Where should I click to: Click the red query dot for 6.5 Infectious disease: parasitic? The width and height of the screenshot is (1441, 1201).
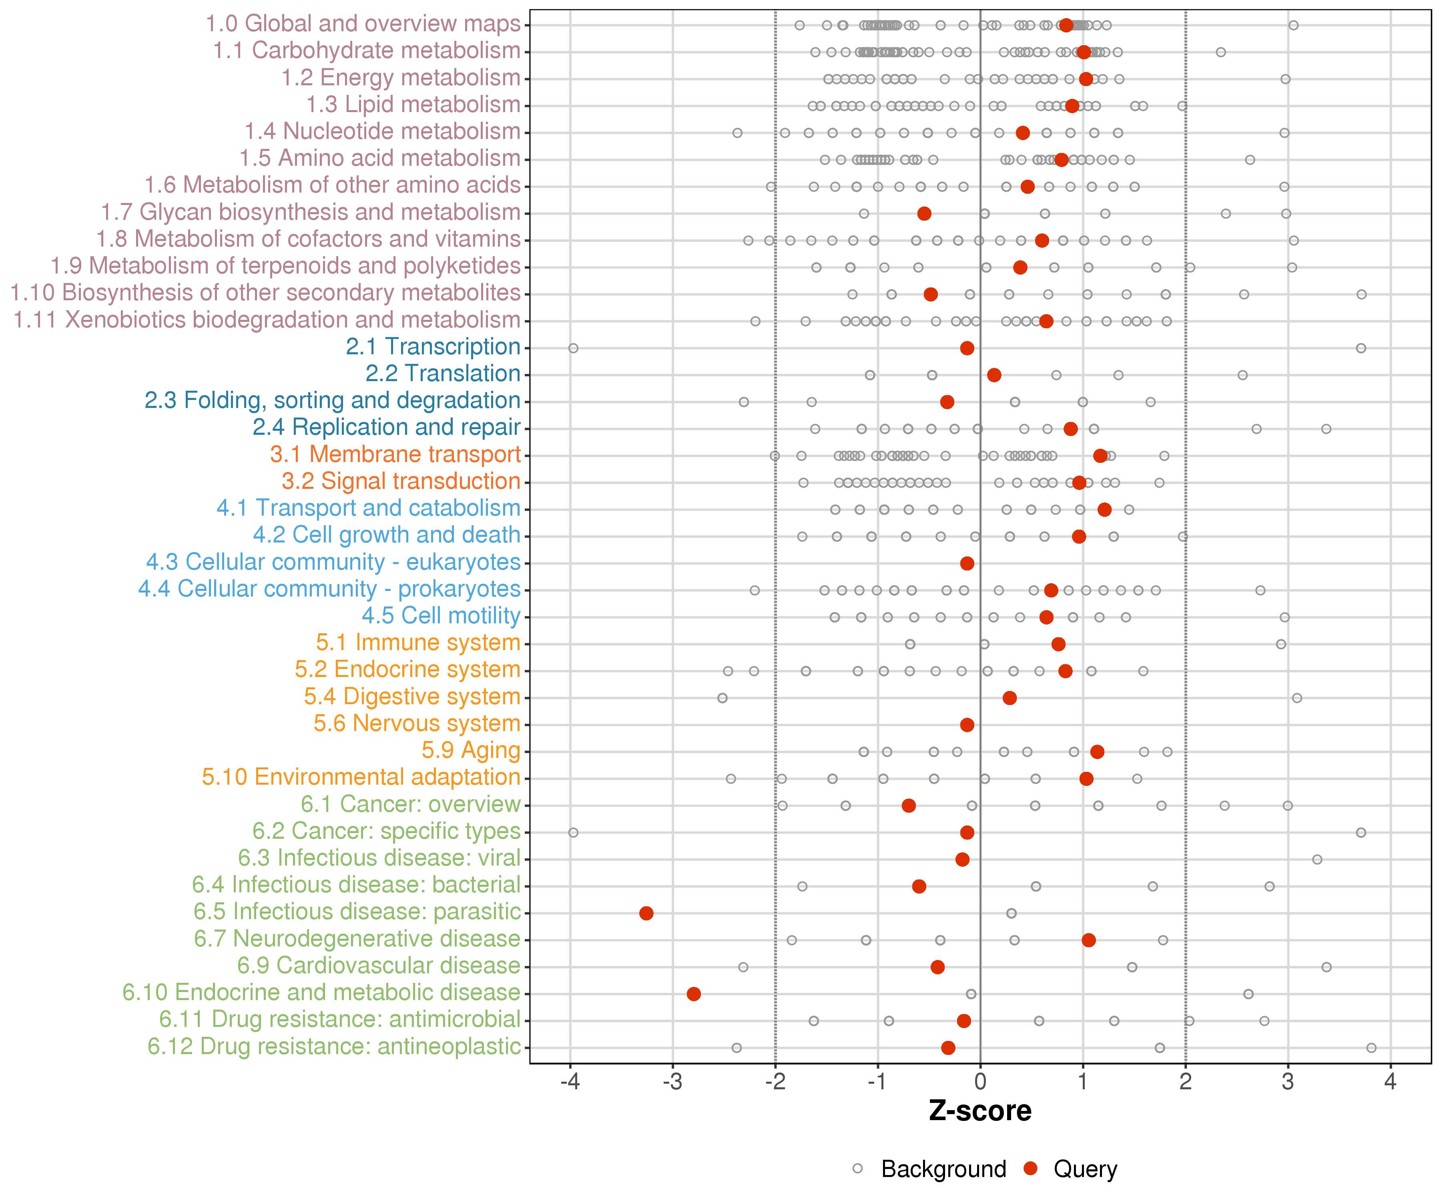click(x=646, y=913)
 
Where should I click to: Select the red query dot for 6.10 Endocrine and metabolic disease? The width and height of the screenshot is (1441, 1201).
click(x=694, y=994)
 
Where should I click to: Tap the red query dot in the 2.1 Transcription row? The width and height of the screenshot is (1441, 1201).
click(x=967, y=348)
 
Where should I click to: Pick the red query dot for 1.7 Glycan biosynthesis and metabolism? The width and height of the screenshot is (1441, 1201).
click(x=924, y=213)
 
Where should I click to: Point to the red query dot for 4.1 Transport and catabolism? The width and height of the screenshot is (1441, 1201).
click(x=1104, y=509)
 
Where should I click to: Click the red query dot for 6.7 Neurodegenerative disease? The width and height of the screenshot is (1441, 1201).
click(x=1088, y=940)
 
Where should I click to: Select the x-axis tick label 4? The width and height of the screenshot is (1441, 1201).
click(x=1390, y=1082)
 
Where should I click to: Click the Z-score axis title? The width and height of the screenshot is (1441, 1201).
click(x=980, y=1111)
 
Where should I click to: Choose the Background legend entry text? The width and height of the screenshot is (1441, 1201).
click(x=943, y=1169)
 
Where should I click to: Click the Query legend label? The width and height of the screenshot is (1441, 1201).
click(x=1086, y=1169)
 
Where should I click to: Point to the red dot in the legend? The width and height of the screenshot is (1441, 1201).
click(x=1030, y=1168)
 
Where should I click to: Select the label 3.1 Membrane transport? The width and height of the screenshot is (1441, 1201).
click(x=395, y=454)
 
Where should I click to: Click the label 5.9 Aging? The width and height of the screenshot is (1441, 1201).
click(x=471, y=750)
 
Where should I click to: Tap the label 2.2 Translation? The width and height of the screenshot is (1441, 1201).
click(x=443, y=374)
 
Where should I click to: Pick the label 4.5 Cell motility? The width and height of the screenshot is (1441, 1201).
click(x=441, y=616)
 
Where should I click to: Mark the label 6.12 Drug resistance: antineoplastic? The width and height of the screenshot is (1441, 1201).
click(x=334, y=1046)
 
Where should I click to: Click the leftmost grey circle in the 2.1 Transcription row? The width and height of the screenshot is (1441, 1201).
click(x=573, y=348)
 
